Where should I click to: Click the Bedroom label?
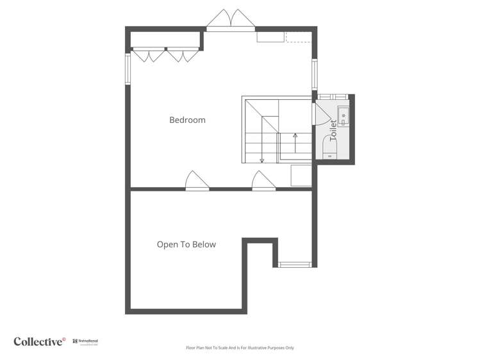[187, 120]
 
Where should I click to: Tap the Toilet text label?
[333, 130]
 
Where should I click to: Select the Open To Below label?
[186, 244]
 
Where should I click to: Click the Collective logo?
[40, 341]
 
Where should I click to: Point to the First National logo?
[85, 342]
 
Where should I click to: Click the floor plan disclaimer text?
[240, 348]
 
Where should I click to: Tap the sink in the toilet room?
[343, 116]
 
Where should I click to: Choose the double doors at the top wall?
[231, 20]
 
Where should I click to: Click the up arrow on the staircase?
[295, 136]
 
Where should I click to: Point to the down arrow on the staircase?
[261, 160]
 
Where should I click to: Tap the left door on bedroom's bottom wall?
[197, 181]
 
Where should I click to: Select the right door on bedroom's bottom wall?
[263, 181]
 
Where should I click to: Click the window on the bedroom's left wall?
[128, 69]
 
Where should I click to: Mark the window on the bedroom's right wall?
[314, 74]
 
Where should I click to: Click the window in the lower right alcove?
[295, 264]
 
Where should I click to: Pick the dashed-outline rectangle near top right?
[298, 37]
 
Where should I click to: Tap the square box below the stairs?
[301, 176]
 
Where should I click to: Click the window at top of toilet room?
[333, 97]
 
